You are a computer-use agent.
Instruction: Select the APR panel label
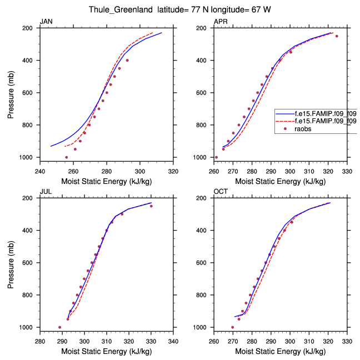[221, 22]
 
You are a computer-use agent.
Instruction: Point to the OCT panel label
[221, 192]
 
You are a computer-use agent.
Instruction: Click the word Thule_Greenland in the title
[117, 9]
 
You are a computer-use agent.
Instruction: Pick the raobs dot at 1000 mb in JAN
[67, 157]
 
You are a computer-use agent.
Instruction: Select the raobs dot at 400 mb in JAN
[127, 60]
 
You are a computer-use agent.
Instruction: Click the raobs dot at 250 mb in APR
[337, 36]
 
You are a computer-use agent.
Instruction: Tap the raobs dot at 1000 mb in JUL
[60, 327]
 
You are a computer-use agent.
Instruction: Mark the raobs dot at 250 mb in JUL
[151, 206]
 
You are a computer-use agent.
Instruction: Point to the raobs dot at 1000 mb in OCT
[233, 327]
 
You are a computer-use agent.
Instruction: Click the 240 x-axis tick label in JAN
[40, 171]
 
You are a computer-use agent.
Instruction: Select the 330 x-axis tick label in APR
[347, 171]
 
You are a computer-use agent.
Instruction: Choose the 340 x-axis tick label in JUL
[173, 341]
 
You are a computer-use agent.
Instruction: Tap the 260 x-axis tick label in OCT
[214, 341]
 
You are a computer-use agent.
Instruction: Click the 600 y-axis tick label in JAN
[31, 93]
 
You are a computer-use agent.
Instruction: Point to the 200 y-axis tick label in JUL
[31, 198]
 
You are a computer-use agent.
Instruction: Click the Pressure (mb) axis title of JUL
[12, 263]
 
